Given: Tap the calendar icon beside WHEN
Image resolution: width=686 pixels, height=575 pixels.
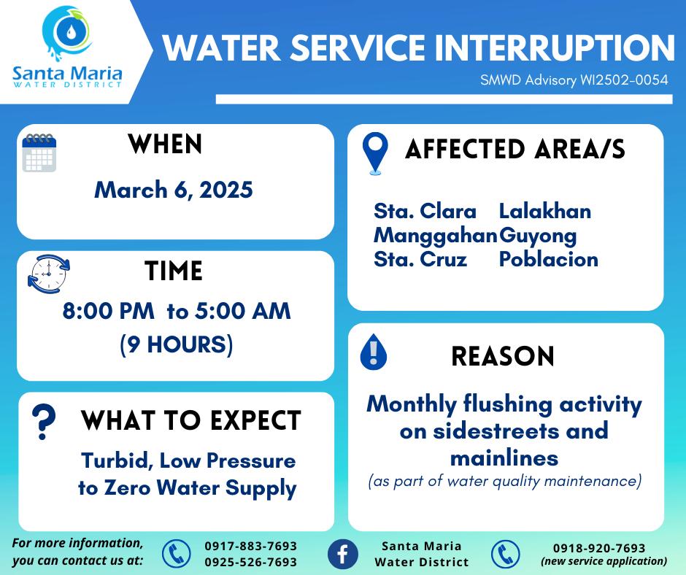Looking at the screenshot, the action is pyautogui.click(x=39, y=153).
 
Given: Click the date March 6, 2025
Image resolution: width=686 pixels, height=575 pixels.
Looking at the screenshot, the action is pyautogui.click(x=174, y=190).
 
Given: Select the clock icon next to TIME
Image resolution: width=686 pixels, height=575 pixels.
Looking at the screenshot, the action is pyautogui.click(x=48, y=274).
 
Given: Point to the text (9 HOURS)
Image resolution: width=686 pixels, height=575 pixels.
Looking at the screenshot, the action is pyautogui.click(x=177, y=344).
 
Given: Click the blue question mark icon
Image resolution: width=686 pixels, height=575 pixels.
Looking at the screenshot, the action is pyautogui.click(x=44, y=422).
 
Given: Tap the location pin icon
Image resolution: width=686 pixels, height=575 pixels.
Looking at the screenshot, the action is pyautogui.click(x=375, y=153).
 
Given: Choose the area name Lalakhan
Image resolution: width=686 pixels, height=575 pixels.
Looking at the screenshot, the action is pyautogui.click(x=545, y=212).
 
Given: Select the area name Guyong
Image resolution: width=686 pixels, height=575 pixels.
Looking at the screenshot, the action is pyautogui.click(x=538, y=236).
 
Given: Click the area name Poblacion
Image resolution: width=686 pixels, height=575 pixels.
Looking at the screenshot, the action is pyautogui.click(x=549, y=260).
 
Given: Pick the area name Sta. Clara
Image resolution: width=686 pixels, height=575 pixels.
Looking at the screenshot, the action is pyautogui.click(x=425, y=212).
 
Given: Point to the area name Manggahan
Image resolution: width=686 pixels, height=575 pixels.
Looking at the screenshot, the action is pyautogui.click(x=436, y=236).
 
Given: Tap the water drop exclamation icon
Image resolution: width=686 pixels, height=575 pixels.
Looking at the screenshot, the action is pyautogui.click(x=373, y=352).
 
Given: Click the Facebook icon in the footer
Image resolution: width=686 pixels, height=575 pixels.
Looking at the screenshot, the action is pyautogui.click(x=342, y=554).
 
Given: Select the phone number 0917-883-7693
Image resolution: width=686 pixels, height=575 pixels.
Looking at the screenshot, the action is pyautogui.click(x=251, y=546).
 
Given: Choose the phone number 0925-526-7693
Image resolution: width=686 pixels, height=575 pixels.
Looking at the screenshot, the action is pyautogui.click(x=251, y=562).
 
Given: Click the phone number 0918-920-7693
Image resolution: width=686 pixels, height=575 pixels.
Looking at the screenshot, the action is pyautogui.click(x=599, y=548).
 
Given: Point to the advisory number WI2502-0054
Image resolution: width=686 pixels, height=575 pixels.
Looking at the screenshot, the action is pyautogui.click(x=624, y=80).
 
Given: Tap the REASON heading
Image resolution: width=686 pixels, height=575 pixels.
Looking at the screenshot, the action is pyautogui.click(x=503, y=356).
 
